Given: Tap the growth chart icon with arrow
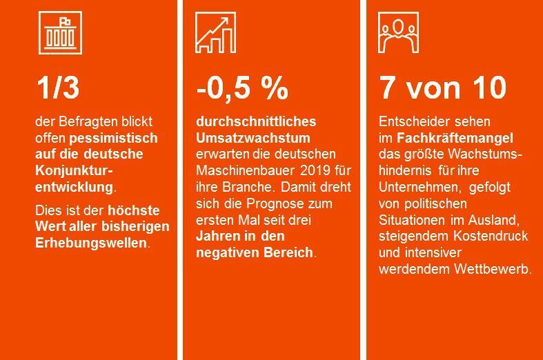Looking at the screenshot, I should tap(216, 32).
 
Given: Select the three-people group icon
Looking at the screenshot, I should tap(398, 32).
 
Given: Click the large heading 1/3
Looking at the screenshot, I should tap(58, 88).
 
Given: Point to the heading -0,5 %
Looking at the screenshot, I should tap(241, 88).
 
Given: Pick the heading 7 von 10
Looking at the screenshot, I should tap(442, 88).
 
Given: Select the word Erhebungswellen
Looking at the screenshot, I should tap(91, 243).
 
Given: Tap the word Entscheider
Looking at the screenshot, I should tap(410, 121).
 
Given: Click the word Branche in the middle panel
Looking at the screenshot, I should tap(239, 187).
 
